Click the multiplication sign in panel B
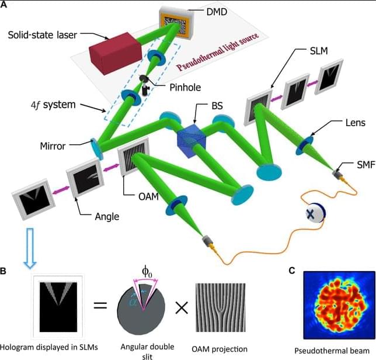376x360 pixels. coord(182,308)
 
